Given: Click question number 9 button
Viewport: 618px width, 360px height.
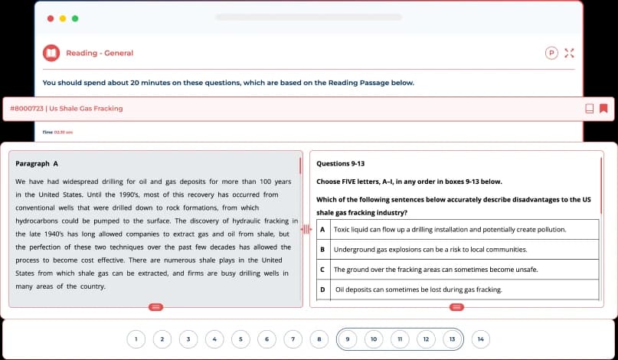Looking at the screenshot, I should [x=348, y=339].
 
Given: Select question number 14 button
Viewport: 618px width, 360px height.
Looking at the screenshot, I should [x=480, y=339].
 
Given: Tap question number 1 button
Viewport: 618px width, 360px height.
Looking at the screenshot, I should [x=136, y=339].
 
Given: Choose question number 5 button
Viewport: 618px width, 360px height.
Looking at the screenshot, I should [x=240, y=339].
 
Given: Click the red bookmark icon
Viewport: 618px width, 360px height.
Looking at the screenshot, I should [x=603, y=108].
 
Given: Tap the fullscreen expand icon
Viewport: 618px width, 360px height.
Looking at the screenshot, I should [x=568, y=53].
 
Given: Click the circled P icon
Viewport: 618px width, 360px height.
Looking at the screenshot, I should [x=551, y=53].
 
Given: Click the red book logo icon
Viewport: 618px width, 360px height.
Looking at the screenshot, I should [x=51, y=53].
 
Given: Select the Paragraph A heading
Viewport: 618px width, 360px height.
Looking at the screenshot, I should [x=37, y=163].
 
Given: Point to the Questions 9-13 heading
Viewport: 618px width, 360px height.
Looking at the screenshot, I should [x=340, y=163].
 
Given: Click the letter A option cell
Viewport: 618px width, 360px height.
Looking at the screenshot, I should [x=322, y=229].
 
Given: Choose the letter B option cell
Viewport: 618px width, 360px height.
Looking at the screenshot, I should [x=322, y=249].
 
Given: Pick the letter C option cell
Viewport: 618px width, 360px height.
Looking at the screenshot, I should [x=322, y=269].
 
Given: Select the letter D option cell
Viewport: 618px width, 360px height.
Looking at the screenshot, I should [x=322, y=290].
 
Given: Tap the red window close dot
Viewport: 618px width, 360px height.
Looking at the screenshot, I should [x=51, y=18].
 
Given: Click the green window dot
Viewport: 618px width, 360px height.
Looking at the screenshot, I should [x=75, y=18].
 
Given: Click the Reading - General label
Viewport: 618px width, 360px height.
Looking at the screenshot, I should [x=100, y=53].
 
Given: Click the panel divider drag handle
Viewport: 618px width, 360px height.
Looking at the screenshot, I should [x=307, y=229].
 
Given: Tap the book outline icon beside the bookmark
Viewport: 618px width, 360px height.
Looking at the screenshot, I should [x=589, y=108].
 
